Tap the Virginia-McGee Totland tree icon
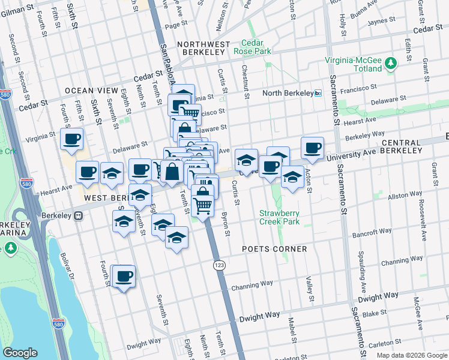(391, 62)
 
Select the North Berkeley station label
(288, 93)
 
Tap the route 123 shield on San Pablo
(218, 264)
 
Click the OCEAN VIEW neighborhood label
(91, 91)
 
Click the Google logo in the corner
(20, 352)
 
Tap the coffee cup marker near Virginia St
(71, 139)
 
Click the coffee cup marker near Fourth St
(124, 277)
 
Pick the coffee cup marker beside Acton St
(312, 148)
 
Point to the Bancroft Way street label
(372, 231)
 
